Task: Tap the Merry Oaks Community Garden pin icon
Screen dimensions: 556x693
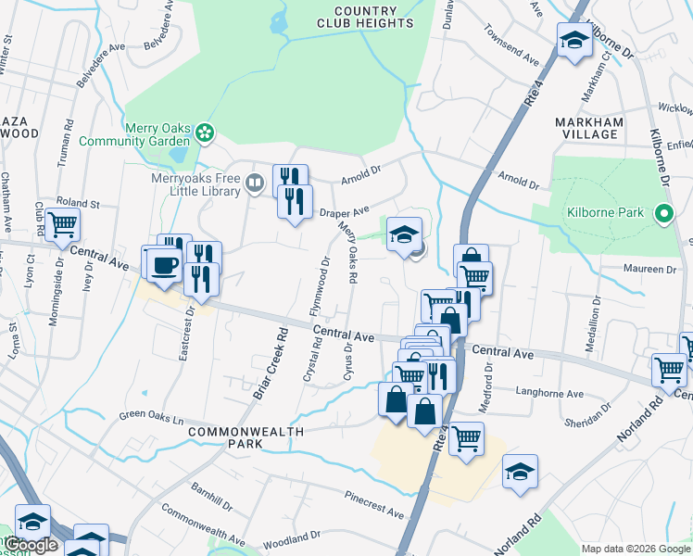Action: coord(204,133)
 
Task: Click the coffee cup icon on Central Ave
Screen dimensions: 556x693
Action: coord(164,264)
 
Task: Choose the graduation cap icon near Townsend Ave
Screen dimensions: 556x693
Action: coord(573,40)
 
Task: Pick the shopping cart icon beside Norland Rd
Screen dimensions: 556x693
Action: coord(669,369)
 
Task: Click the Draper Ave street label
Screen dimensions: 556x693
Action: coord(345,212)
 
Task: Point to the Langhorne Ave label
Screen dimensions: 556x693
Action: coord(549,393)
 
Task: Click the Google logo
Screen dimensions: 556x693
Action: coord(31,545)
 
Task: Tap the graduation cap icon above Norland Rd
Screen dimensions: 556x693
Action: coord(520,472)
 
